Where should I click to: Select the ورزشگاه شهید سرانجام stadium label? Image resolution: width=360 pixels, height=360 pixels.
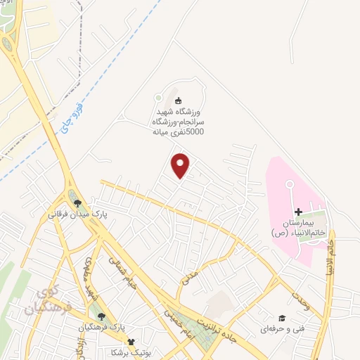point(178,121)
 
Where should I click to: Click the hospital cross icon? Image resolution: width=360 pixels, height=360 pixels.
point(298,212)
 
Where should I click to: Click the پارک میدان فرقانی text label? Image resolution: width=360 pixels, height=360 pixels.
point(77,212)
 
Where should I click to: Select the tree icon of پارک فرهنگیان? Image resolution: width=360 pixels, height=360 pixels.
point(102,317)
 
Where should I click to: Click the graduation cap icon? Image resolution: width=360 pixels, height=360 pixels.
point(281,318)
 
